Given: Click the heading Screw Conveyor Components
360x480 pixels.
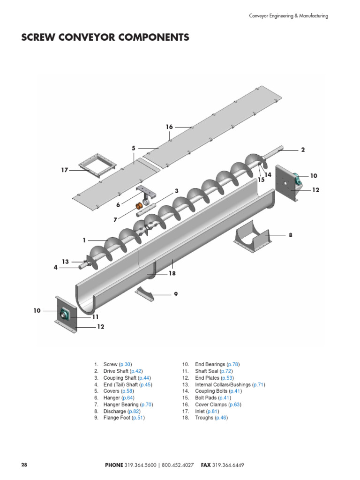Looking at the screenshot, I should point(105,37).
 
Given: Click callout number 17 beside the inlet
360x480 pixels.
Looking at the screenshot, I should point(65,170).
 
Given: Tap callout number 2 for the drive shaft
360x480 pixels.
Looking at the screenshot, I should point(303,150).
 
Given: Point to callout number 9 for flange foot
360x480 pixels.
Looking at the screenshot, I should point(176,294).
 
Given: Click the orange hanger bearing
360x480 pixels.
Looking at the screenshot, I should point(139,206).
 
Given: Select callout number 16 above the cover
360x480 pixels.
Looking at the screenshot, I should point(169,127).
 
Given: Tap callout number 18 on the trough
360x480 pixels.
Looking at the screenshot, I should point(172,273).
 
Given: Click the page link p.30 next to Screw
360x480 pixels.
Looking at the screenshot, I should point(125,364).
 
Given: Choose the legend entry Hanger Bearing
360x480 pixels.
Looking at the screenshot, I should point(121,405).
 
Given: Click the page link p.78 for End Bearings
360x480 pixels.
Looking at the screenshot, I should point(233,364).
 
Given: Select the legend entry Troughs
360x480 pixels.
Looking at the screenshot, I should point(204,418).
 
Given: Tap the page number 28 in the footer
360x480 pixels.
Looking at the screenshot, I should point(24,465).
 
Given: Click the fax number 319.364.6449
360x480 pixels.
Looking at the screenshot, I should point(228,465).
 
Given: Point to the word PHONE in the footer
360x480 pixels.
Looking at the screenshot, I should point(114,465).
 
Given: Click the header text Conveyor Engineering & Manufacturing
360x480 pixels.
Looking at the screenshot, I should point(288,16).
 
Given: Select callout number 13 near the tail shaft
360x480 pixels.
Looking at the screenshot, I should point(65,262).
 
